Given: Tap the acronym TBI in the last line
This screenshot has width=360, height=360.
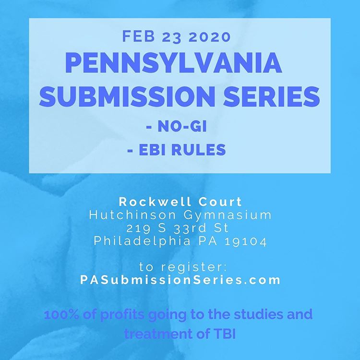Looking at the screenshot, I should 221,334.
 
